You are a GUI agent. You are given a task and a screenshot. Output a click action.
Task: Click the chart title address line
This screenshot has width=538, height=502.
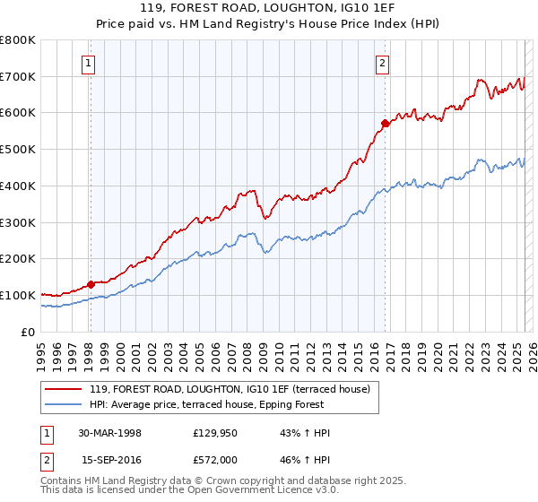click(269, 7)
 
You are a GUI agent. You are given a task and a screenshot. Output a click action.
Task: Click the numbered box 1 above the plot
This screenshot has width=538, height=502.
click(90, 63)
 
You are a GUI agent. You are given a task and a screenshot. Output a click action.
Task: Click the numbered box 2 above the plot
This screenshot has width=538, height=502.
click(383, 63)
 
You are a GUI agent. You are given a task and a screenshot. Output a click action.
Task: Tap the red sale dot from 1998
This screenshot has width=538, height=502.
click(91, 284)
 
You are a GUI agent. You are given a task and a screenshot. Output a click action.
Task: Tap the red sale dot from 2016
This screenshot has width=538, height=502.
click(385, 123)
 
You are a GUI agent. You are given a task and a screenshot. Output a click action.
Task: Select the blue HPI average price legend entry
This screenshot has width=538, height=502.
click(233, 404)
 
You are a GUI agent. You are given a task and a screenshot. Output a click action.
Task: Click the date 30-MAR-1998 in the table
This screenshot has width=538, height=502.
click(109, 433)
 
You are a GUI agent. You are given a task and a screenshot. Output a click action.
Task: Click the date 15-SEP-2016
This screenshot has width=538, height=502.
click(109, 459)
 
